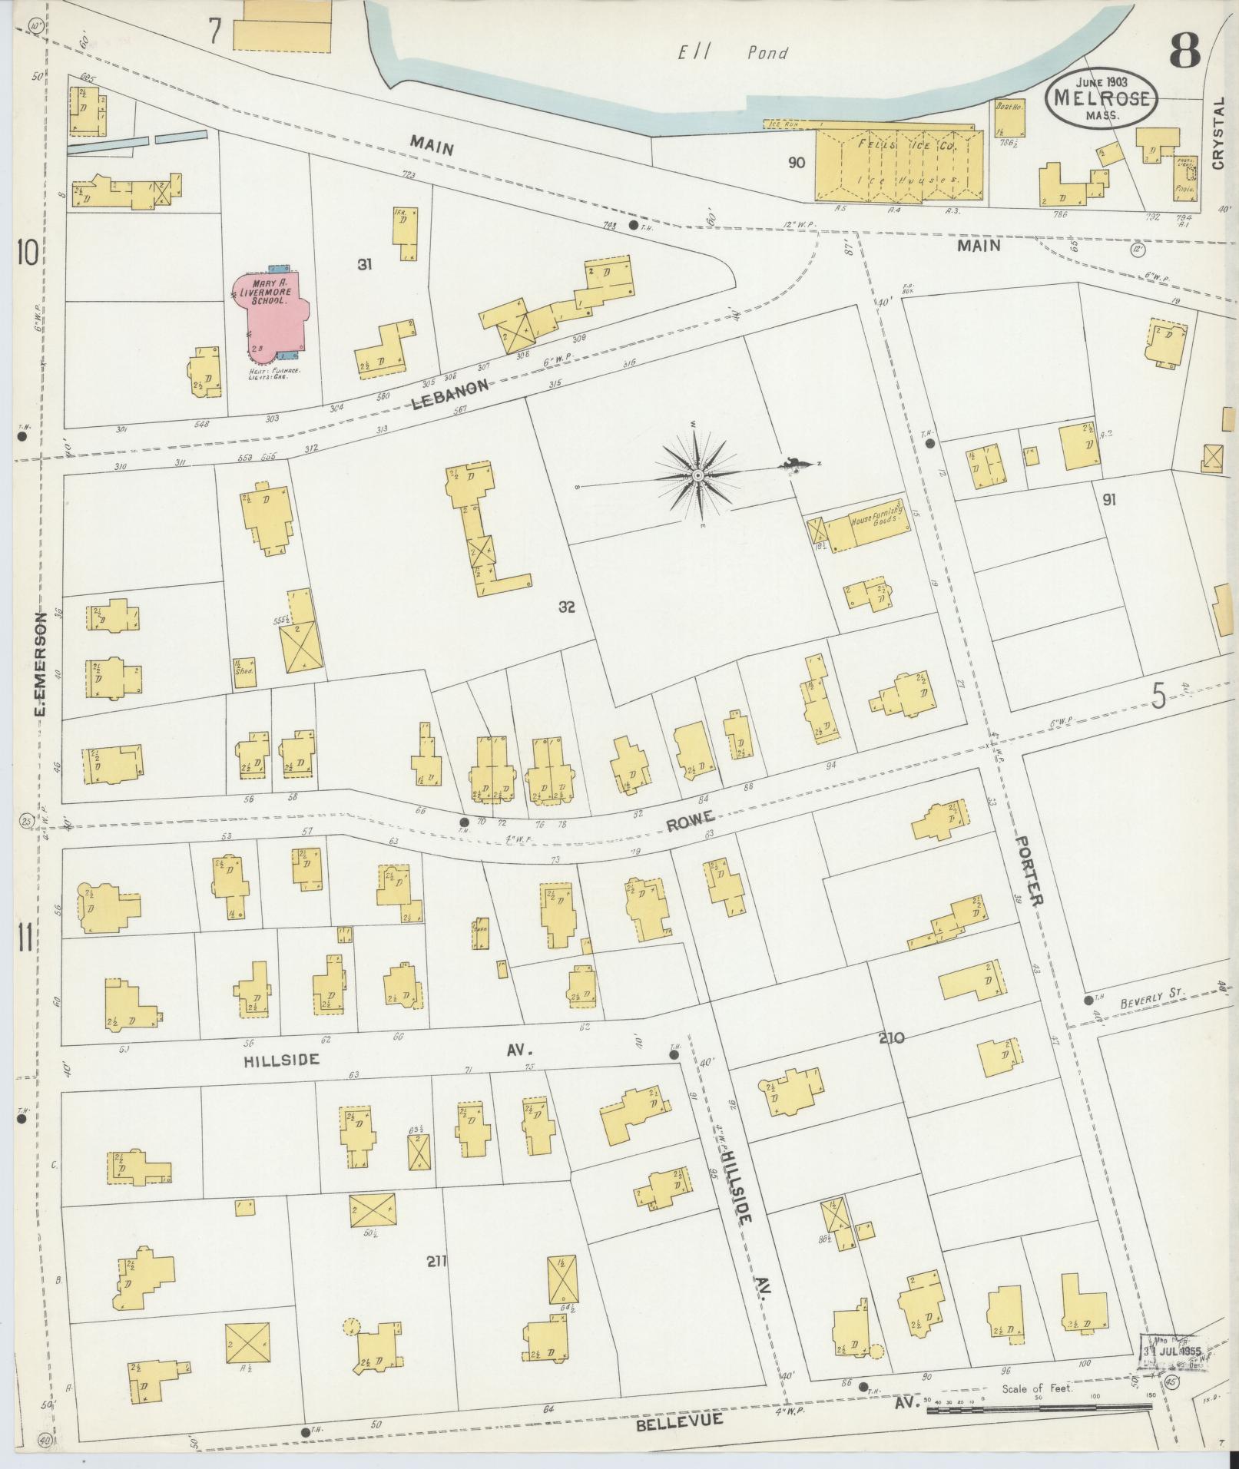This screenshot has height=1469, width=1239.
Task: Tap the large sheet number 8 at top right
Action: (1185, 52)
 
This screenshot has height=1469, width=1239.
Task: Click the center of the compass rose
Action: (697, 476)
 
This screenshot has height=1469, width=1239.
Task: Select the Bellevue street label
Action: (680, 1420)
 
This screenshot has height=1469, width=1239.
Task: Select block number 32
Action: (567, 607)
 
